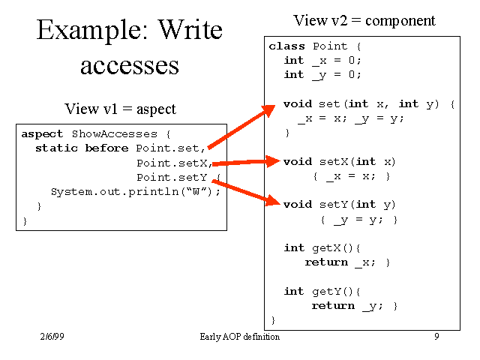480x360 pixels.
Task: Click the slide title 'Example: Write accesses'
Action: point(130,46)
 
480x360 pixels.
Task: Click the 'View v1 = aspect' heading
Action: point(120,109)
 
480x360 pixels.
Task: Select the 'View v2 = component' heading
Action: point(364,20)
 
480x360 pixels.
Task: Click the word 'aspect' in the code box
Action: point(42,134)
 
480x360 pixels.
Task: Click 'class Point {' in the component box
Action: point(308,46)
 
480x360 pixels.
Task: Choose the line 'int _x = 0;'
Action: point(322,61)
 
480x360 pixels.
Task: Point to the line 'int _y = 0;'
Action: point(322,75)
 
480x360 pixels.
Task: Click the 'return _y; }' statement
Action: point(354,306)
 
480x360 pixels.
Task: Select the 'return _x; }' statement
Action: point(347,262)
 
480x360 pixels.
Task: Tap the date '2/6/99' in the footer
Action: point(52,337)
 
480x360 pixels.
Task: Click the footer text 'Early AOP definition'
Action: point(240,337)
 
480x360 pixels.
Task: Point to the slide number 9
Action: point(436,337)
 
